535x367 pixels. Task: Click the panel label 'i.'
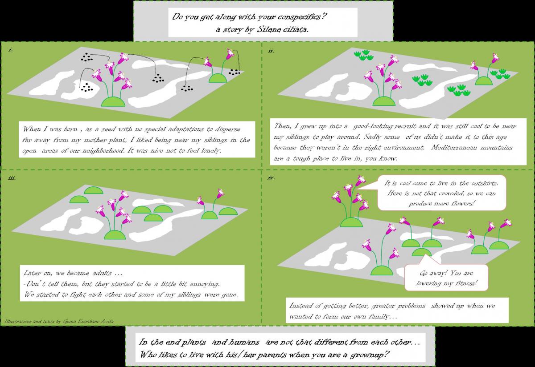pyautogui.click(x=11, y=50)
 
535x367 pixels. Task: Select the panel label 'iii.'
pyautogui.click(x=12, y=178)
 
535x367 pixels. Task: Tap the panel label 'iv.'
pyautogui.click(x=271, y=178)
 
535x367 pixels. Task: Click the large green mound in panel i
pyautogui.click(x=113, y=102)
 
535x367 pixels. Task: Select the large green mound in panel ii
pyautogui.click(x=384, y=101)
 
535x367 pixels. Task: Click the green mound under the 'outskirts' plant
pyautogui.click(x=352, y=222)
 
